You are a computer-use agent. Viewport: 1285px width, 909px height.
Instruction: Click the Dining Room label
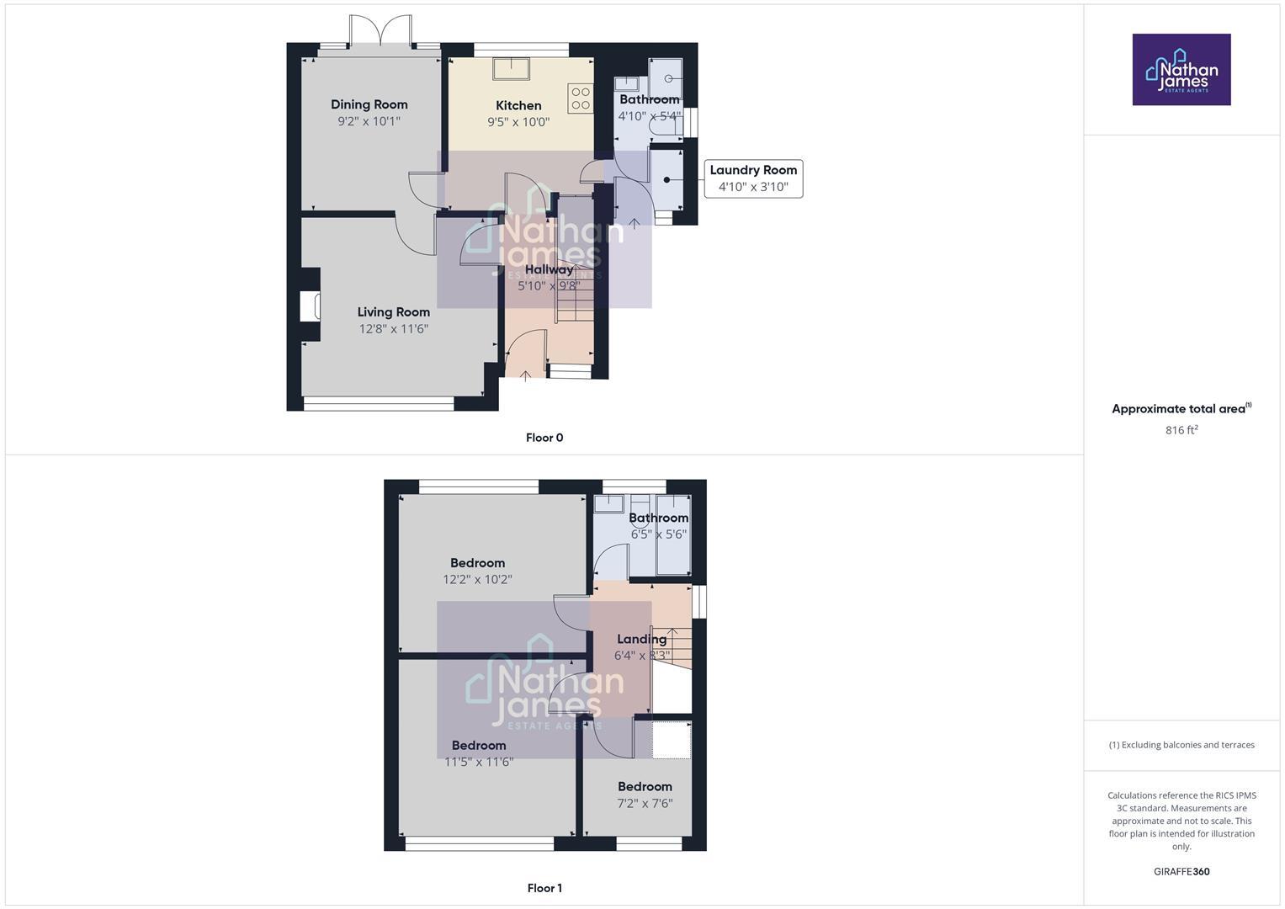pos(369,104)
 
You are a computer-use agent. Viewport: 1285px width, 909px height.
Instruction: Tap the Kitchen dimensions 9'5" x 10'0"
pos(518,122)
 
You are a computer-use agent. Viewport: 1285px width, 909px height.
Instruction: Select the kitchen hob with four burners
pos(580,98)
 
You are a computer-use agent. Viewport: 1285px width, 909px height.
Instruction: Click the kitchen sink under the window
pos(511,68)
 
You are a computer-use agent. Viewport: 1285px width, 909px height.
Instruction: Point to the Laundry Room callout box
pos(753,178)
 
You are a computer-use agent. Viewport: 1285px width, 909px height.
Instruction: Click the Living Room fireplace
pos(311,306)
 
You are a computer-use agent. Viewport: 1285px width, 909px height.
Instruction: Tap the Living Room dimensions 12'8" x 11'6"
pos(394,329)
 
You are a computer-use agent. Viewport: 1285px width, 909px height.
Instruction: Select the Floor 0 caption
pos(544,438)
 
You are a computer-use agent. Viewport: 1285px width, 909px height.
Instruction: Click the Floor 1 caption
pos(544,888)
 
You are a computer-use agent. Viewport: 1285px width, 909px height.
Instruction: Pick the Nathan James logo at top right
pos(1181,70)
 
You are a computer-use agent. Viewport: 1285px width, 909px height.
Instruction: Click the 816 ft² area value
pos(1181,430)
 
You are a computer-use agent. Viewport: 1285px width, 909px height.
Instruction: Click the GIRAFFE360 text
pos(1181,872)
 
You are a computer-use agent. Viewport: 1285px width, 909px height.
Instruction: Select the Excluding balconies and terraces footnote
pos(1181,745)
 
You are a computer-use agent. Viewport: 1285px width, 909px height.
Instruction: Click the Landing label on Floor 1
pos(641,640)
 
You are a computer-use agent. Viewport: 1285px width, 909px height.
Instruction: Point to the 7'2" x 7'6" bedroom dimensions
pos(645,804)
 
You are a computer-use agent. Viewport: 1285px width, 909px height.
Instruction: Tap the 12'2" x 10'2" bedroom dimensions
pos(477,580)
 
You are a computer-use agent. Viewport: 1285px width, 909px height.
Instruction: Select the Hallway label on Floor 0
pos(549,269)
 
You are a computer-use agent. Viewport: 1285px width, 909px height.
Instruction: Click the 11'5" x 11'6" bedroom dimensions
pos(479,763)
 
